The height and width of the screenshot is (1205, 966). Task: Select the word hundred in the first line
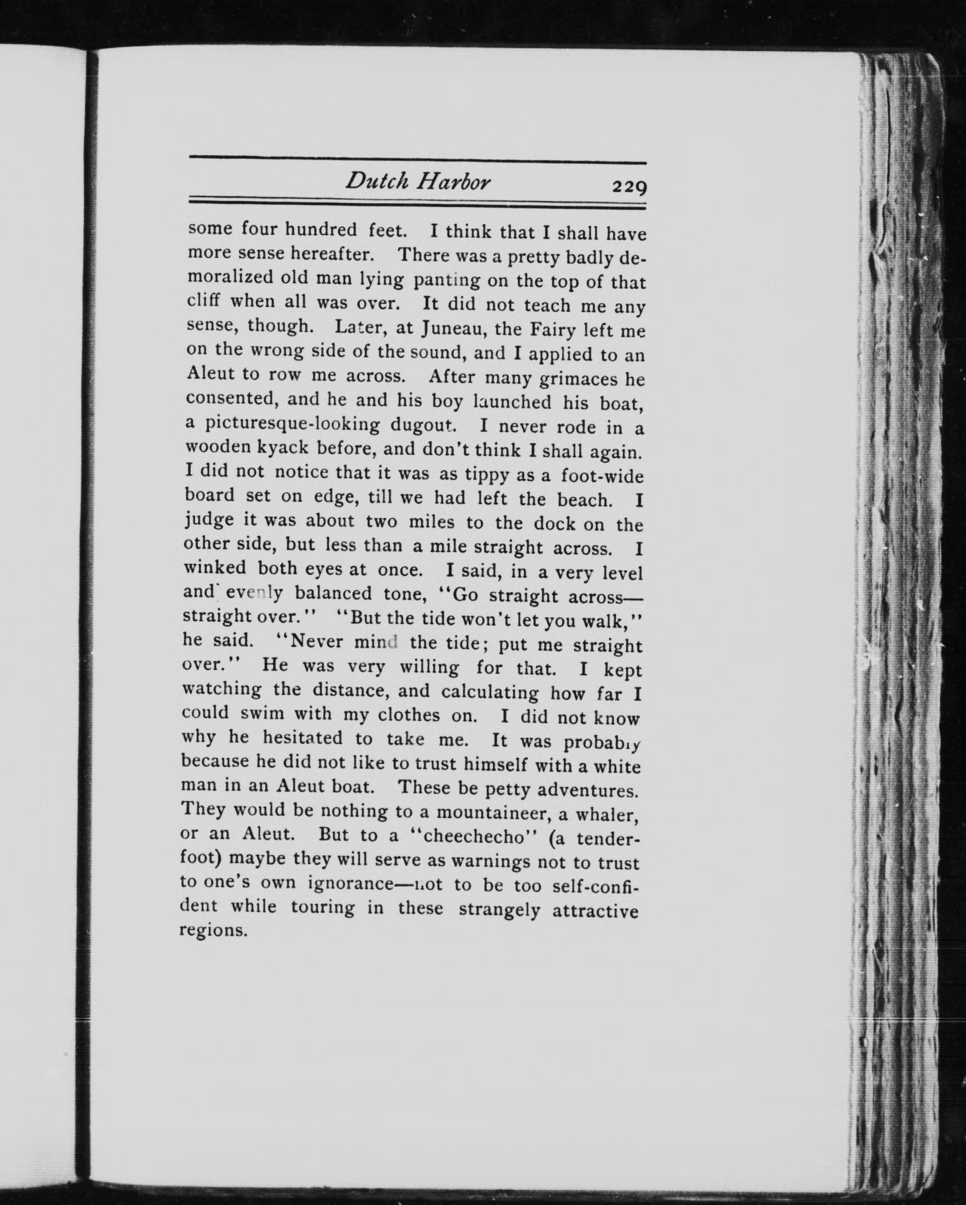[321, 230]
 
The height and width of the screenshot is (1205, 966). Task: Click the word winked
[215, 568]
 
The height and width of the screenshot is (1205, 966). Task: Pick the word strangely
[499, 909]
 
